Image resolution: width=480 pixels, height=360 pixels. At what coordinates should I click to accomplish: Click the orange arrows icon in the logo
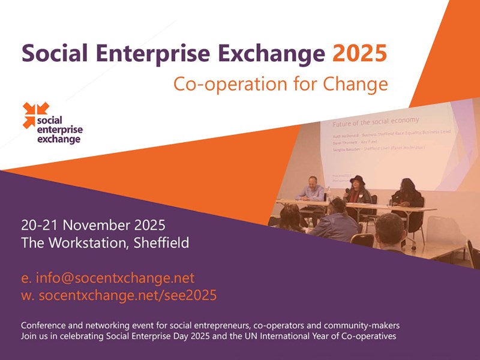click(x=35, y=115)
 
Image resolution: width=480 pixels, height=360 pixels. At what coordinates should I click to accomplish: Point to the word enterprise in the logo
click(x=60, y=130)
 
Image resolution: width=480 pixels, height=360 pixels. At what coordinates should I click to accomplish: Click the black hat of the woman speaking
click(x=358, y=180)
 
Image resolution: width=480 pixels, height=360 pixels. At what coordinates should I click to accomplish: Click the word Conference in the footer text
click(x=44, y=325)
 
